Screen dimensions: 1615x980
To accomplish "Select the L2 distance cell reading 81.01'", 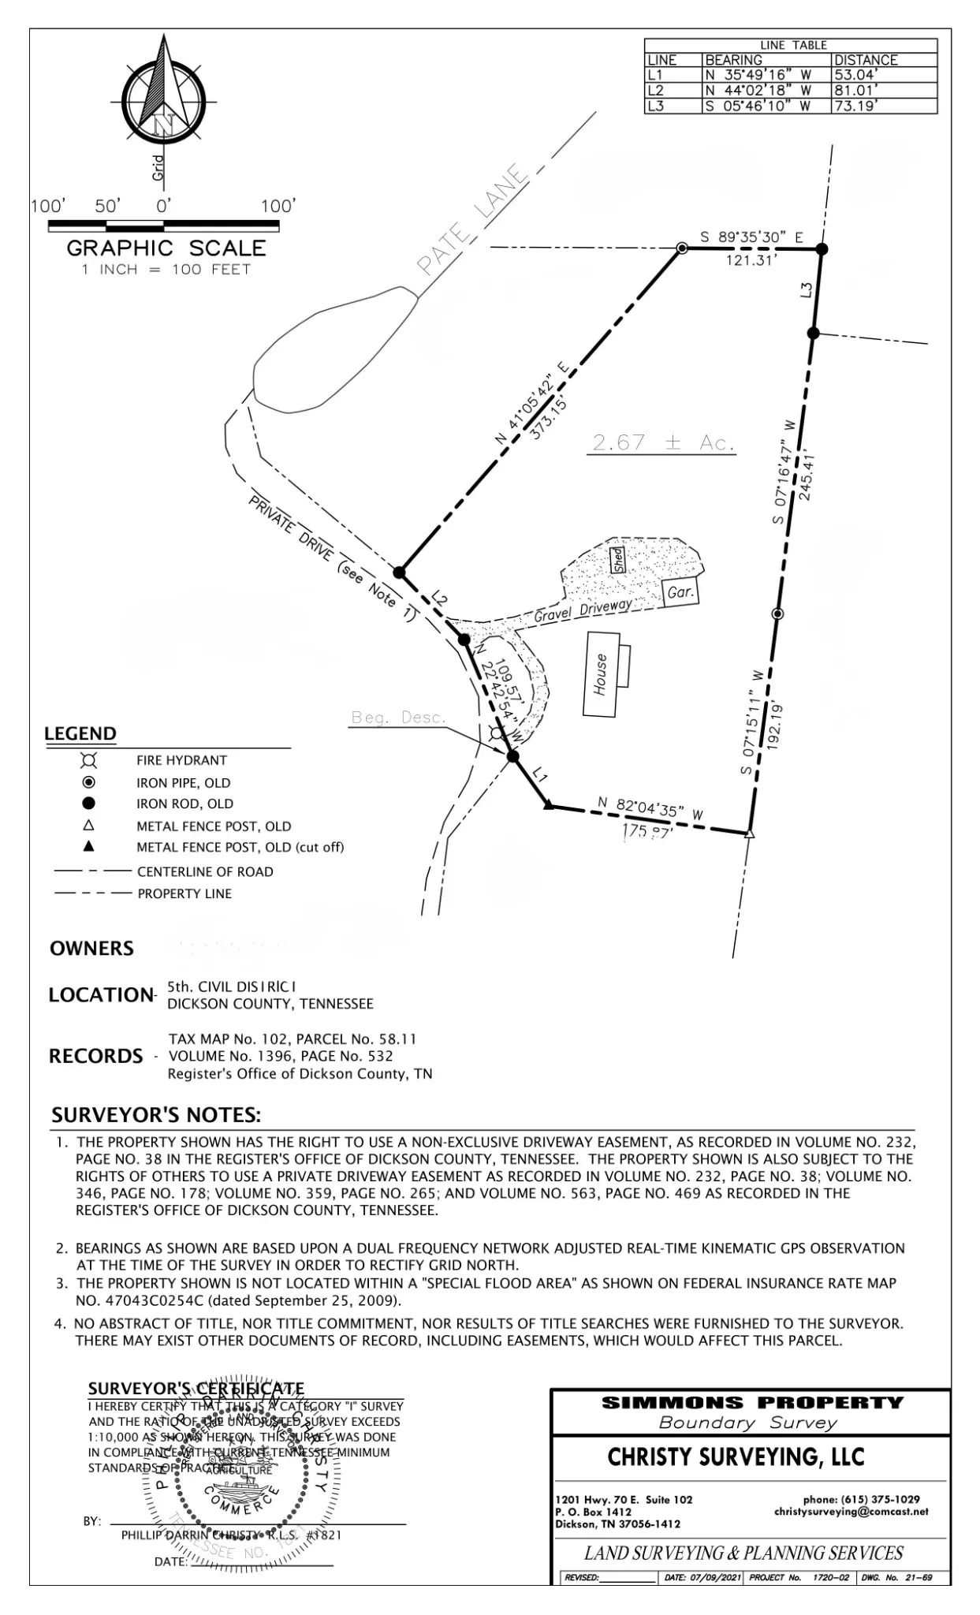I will (x=855, y=91).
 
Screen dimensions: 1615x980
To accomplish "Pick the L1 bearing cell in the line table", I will (x=758, y=76).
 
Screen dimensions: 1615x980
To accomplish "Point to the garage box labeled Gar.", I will (x=681, y=591).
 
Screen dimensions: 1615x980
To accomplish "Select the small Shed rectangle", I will (x=618, y=560).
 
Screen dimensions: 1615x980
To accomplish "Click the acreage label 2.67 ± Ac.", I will (x=663, y=443).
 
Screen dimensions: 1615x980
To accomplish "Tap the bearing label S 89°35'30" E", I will (x=751, y=237).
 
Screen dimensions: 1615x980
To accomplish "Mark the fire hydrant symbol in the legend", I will (x=89, y=760).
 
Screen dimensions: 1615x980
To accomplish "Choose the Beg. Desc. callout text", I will (x=399, y=718).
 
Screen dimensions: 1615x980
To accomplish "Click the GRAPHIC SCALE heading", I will (x=166, y=248).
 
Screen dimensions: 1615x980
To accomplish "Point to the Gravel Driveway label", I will (x=583, y=610).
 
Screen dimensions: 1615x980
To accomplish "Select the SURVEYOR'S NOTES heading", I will (x=156, y=1115).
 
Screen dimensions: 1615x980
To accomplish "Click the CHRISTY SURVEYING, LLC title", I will (x=736, y=1457).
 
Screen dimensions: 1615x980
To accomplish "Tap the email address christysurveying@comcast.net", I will (x=851, y=1512).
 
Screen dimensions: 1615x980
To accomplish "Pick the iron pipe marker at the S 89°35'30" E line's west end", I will (x=683, y=248).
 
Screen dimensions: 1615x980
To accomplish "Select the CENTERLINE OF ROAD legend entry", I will (x=205, y=871).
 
